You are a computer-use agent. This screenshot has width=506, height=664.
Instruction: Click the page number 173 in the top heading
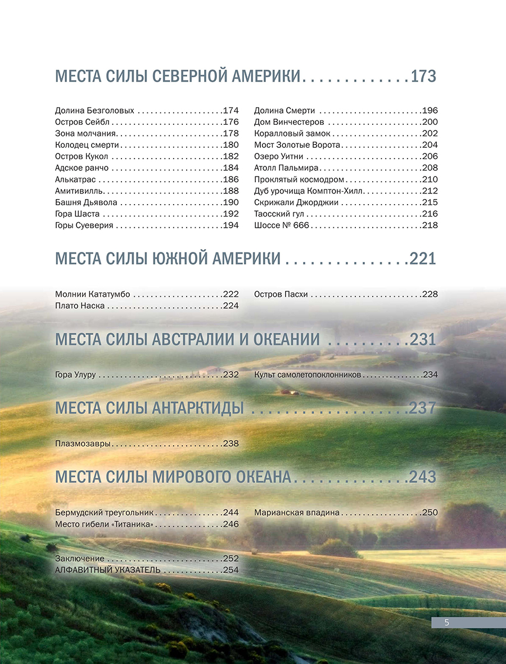tap(423, 76)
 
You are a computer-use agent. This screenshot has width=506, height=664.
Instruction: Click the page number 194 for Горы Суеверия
tap(231, 225)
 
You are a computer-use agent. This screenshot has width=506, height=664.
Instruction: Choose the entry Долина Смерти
tap(284, 111)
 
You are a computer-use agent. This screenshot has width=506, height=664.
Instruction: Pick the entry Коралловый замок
tap(292, 134)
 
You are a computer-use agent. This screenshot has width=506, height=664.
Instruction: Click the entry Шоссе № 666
tap(282, 225)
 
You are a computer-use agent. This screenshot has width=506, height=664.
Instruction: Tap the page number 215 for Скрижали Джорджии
tap(430, 202)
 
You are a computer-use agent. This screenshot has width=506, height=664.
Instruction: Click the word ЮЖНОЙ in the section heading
tap(180, 259)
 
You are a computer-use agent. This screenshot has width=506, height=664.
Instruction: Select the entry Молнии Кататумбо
tap(93, 294)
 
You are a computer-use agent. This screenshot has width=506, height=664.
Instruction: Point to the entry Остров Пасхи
tap(281, 294)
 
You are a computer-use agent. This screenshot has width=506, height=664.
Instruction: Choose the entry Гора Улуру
tap(76, 374)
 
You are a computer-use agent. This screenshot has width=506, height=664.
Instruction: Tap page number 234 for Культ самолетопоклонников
tap(430, 374)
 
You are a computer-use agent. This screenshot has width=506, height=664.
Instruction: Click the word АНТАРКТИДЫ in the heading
tap(198, 408)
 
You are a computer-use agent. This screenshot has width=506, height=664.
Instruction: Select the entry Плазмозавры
tap(83, 444)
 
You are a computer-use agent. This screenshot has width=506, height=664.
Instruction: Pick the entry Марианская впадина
tap(297, 513)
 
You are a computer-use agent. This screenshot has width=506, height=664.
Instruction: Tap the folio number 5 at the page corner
tap(446, 622)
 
